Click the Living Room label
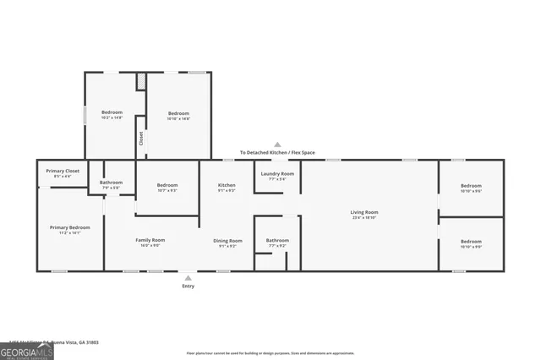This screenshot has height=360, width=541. [364, 212]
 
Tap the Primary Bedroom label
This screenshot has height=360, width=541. [69, 227]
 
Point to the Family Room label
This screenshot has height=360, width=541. [150, 240]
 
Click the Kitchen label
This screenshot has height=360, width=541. [227, 185]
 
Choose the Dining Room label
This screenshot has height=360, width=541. [230, 241]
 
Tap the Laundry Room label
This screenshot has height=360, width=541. [277, 173]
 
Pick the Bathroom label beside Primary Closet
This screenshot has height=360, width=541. [111, 182]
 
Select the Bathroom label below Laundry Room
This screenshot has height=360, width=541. [277, 240]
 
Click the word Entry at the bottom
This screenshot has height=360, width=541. [188, 286]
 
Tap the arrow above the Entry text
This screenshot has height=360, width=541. [188, 277]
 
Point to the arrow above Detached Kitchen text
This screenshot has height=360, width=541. [276, 145]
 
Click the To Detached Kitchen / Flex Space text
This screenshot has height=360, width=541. [276, 152]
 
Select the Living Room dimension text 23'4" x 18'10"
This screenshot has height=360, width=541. [364, 218]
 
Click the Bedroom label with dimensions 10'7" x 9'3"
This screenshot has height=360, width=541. [167, 185]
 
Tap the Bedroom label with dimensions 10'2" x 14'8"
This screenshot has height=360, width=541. [112, 112]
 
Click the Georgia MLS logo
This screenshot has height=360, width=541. [26, 350]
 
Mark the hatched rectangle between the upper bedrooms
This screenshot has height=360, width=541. [141, 81]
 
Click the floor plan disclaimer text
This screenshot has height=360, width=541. [270, 353]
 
